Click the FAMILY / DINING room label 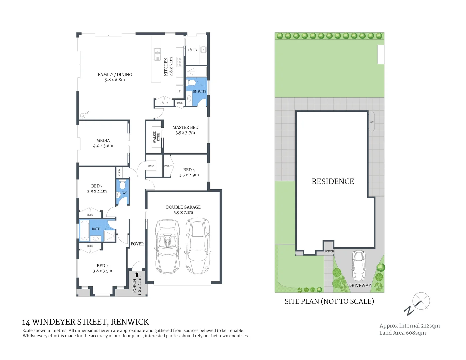[x=115, y=75]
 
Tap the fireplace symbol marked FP [x=83, y=116]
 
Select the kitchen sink [x=157, y=54]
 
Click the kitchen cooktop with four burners [x=180, y=62]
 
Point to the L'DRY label [x=193, y=50]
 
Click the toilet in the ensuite [x=191, y=83]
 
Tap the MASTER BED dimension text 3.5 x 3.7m [x=185, y=133]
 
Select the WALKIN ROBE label [x=156, y=137]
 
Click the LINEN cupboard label [x=151, y=166]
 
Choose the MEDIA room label [x=103, y=141]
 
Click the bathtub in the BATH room [x=85, y=230]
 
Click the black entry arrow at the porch [x=137, y=275]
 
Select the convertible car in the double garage [x=168, y=246]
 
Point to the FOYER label [x=137, y=244]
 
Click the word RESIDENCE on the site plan [x=333, y=181]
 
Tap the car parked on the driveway [x=359, y=265]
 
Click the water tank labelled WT [x=371, y=122]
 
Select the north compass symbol [x=419, y=303]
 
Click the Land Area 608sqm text [x=402, y=333]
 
